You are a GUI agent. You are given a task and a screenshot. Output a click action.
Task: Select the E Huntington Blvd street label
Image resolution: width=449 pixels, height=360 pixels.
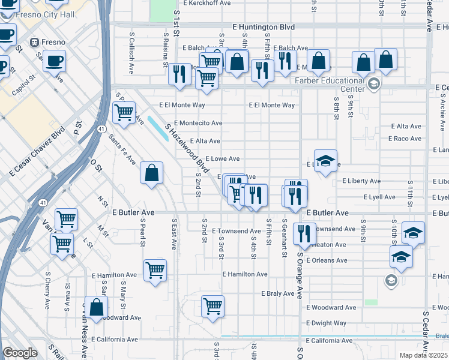click(x=264, y=27)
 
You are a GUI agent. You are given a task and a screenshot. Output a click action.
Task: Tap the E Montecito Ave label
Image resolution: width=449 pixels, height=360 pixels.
click(x=198, y=123)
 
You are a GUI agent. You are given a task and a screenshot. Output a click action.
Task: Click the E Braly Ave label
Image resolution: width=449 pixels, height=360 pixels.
click(x=278, y=293)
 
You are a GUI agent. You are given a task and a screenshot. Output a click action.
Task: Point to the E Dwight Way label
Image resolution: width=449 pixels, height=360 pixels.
click(x=326, y=323)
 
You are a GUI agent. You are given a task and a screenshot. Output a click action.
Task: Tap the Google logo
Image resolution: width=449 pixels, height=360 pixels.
click(x=20, y=353)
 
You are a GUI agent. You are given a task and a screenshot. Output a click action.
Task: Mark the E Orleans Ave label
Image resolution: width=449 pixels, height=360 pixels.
click(x=327, y=260)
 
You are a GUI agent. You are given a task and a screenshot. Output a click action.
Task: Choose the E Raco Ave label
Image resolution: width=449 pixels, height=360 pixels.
click(x=405, y=139)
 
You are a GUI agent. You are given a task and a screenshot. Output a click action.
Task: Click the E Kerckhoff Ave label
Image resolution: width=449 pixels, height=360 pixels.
click(x=207, y=3)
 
